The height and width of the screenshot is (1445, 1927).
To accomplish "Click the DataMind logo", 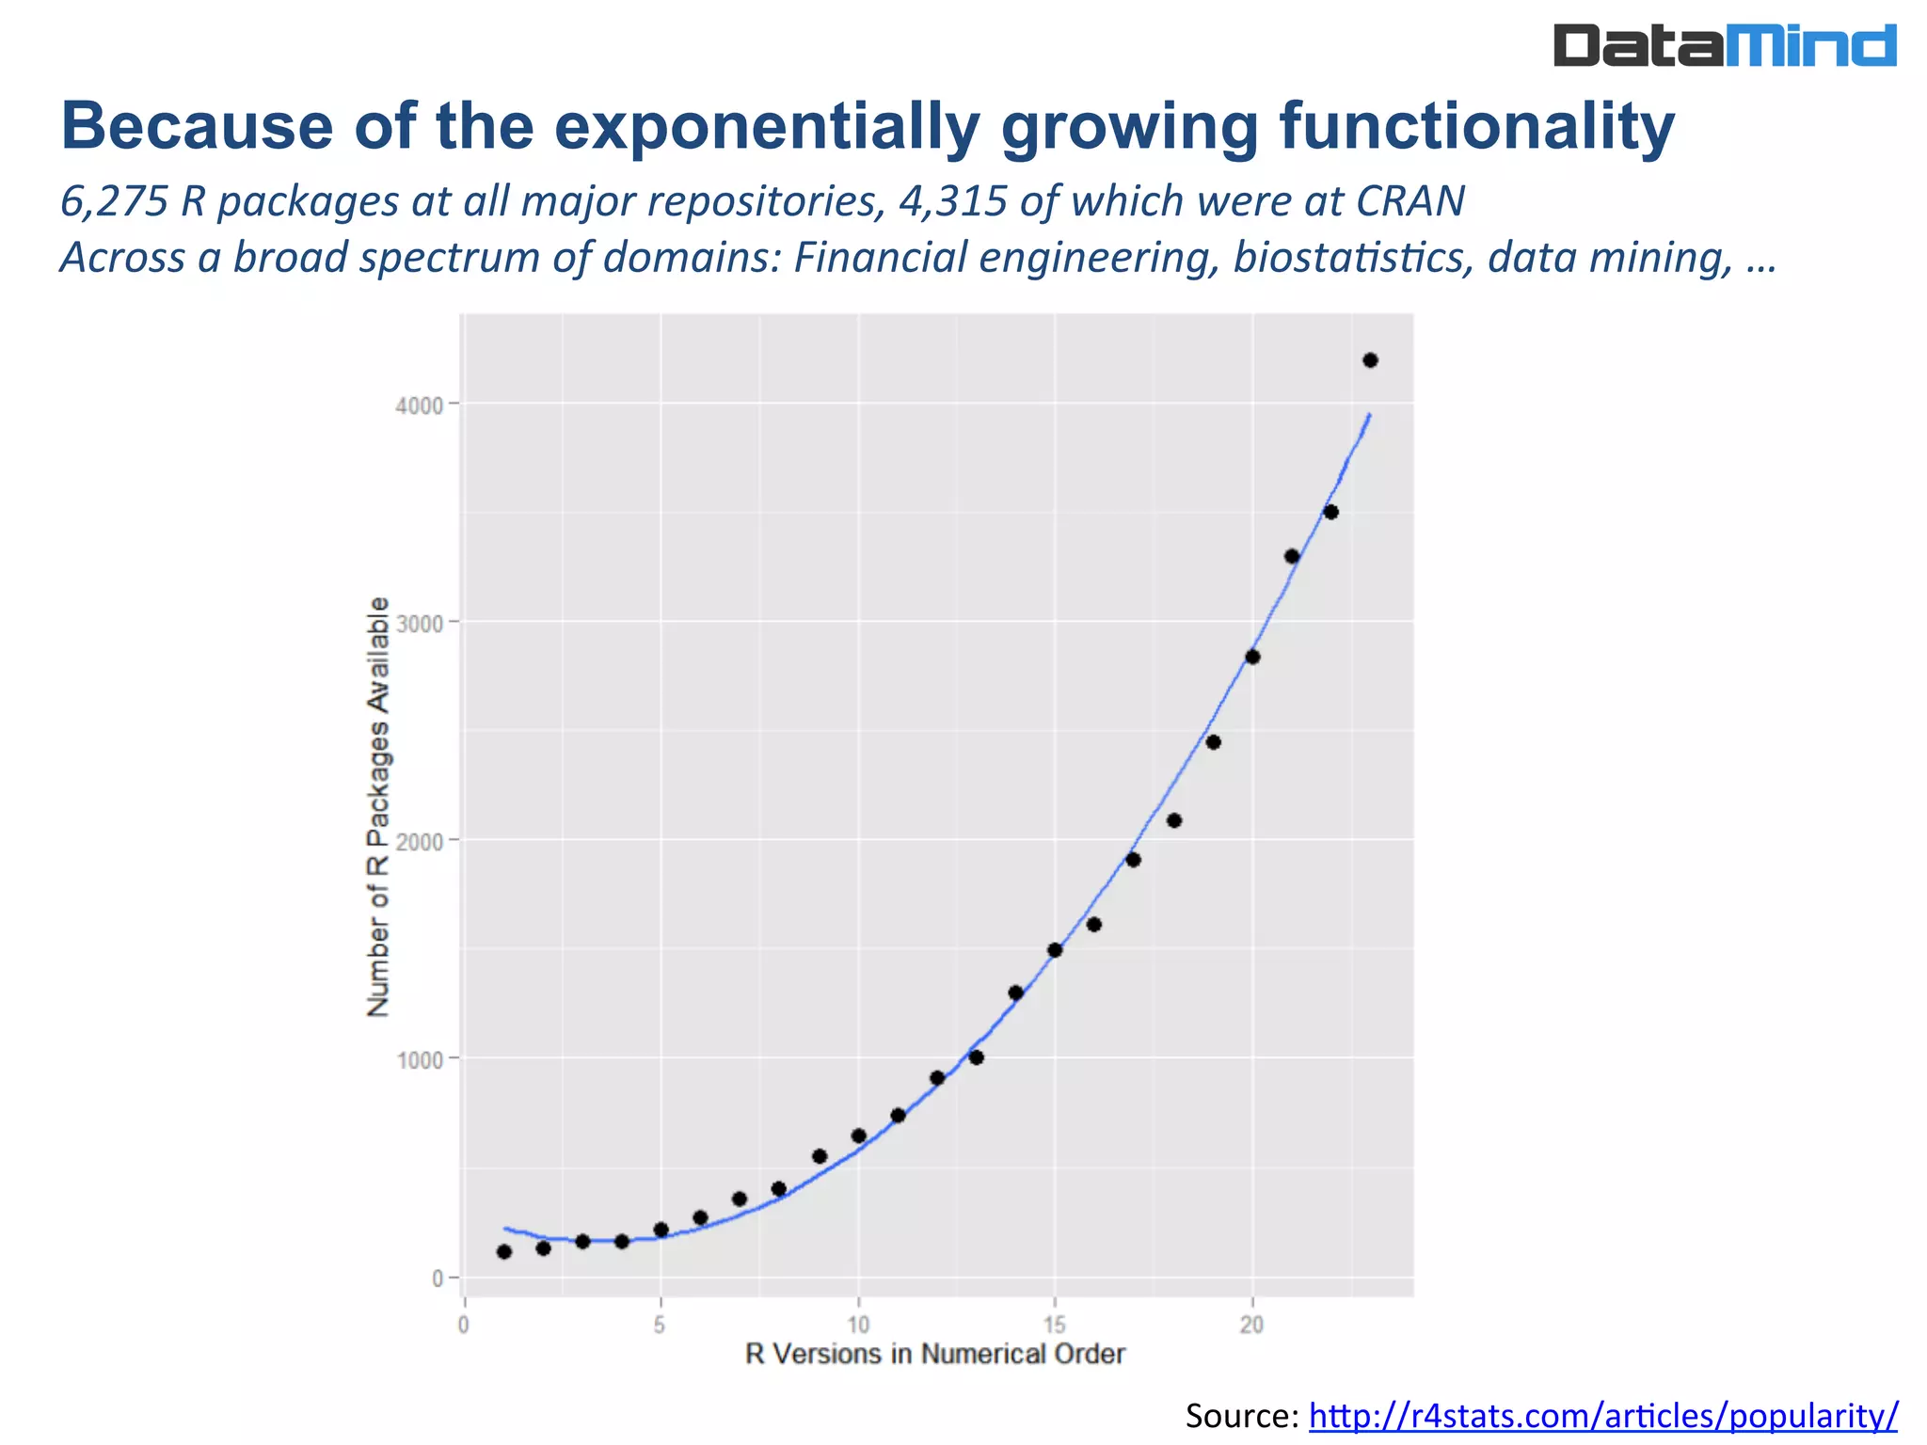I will click(1725, 45).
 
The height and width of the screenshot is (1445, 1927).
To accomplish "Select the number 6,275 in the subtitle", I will click(114, 201).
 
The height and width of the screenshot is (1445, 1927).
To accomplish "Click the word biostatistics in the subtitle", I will click(1352, 258).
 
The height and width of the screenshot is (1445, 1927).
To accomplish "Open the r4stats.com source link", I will click(1603, 1415).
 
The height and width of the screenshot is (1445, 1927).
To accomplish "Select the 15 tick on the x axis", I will click(1055, 1326).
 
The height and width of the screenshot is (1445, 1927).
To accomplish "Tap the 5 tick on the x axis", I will click(661, 1326).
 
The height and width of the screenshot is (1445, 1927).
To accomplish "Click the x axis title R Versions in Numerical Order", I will click(934, 1355).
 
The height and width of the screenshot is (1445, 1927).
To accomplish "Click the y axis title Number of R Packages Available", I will click(378, 806).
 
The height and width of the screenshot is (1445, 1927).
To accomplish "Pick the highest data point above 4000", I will click(1370, 360).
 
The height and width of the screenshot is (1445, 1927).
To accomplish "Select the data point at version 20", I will click(1252, 657).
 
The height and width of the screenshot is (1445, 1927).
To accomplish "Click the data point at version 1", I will click(504, 1251).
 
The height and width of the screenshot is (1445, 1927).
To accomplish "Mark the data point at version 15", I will click(1055, 950).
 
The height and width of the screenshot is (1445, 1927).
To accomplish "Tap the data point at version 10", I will click(858, 1135).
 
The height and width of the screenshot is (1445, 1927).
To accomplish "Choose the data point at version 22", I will click(1330, 512).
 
